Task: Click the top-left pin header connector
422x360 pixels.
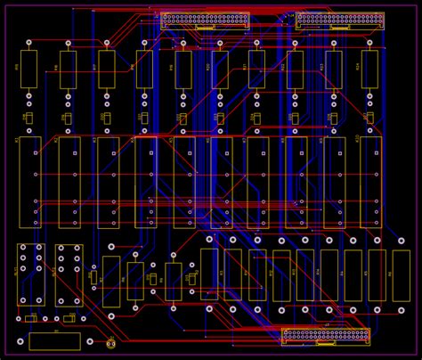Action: (204, 19)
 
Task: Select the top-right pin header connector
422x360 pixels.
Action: (339, 19)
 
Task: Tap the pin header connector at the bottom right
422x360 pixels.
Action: (325, 336)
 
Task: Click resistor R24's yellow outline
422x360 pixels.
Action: (369, 69)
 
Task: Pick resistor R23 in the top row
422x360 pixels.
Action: (333, 69)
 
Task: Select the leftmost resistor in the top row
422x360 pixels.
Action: (28, 69)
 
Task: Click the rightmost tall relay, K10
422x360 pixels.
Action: (370, 182)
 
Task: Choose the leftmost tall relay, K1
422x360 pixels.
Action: (29, 182)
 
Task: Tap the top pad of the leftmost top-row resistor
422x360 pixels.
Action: (28, 42)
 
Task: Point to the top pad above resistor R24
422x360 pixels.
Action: (369, 42)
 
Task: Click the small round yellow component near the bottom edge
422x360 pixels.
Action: (111, 342)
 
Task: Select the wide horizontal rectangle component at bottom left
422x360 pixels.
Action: (54, 341)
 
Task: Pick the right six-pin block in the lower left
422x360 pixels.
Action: (69, 274)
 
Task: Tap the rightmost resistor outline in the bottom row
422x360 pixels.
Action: (401, 275)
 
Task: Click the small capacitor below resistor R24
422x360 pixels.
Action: (369, 118)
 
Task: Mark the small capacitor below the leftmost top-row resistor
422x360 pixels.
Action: (28, 118)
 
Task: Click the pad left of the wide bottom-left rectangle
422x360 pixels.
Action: (20, 341)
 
